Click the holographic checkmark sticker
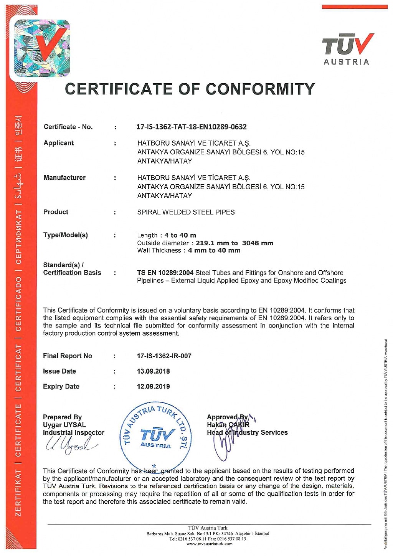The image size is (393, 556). coord(42,48)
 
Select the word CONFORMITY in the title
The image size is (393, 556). coord(260,89)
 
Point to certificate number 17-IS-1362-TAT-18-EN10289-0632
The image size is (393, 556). coord(192,127)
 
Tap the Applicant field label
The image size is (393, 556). coord(59,143)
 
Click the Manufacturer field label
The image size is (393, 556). coord(64,177)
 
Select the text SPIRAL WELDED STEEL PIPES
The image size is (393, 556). coord(186,212)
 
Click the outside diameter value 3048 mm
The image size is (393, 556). coord(258,243)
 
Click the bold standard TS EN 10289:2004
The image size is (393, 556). coord(165,273)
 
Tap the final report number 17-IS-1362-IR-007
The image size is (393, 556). coord(164,356)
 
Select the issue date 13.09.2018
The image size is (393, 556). coord(153,371)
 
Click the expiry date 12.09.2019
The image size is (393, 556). coord(153,387)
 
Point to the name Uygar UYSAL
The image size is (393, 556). coord(64,425)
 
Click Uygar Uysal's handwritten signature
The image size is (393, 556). coord(71,445)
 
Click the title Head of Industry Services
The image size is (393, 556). coord(247,433)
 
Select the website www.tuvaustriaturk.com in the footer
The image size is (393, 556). coord(209,544)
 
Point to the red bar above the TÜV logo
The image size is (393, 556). coord(354,7)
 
